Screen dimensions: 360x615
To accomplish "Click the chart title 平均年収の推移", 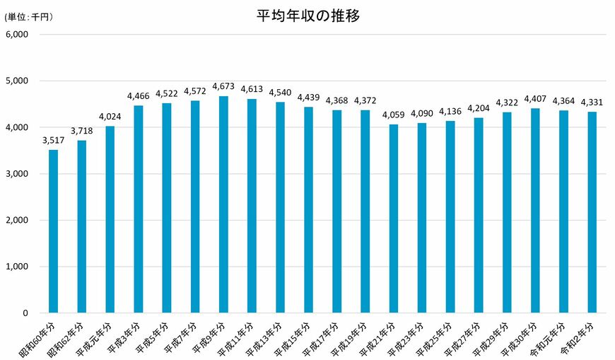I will point(307,16).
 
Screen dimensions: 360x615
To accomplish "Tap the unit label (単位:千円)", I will point(29,16).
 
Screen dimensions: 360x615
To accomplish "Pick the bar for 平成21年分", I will point(394,219).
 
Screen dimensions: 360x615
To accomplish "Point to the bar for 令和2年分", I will point(592,212).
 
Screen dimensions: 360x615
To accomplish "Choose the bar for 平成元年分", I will point(110,219).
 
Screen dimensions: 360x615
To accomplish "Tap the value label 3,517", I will point(53,139).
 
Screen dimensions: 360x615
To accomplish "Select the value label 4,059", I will point(394,115).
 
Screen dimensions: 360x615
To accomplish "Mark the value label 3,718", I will point(81,130).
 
